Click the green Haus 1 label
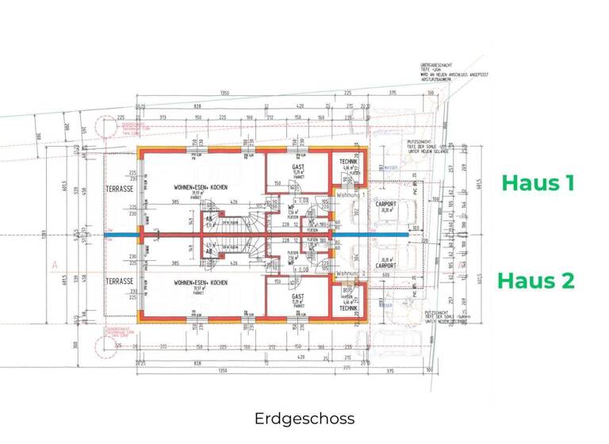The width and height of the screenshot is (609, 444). [x=538, y=183]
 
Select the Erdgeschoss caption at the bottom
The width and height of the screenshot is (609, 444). [x=304, y=418]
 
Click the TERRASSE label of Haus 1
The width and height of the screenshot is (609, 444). [x=121, y=189]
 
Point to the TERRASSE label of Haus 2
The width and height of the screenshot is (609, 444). [x=121, y=281]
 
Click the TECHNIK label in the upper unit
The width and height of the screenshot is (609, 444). [x=348, y=162]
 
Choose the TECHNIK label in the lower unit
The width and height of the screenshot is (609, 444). [x=348, y=308]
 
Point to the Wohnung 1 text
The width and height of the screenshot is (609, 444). [x=350, y=194]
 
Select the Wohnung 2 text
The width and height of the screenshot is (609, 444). [x=350, y=274]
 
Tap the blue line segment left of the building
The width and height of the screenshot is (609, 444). [x=121, y=235]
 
